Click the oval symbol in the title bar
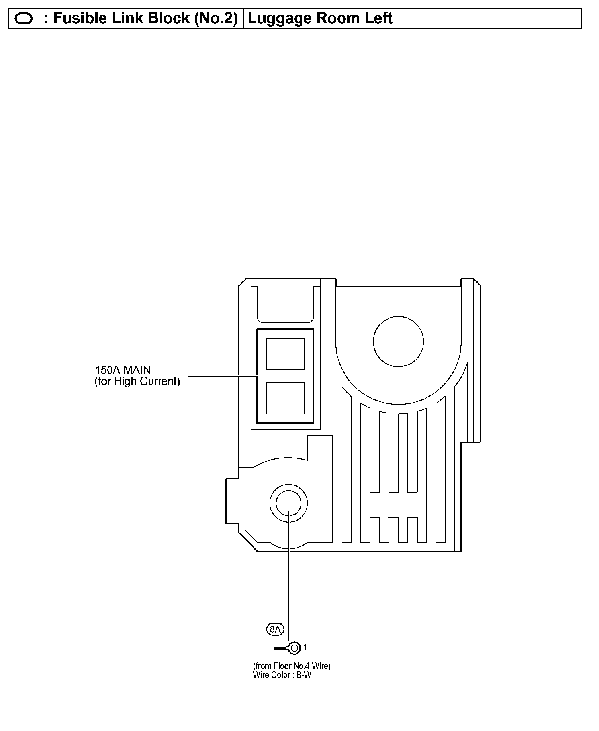(23, 19)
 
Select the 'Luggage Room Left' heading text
(320, 18)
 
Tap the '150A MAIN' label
(123, 370)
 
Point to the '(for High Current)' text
(137, 381)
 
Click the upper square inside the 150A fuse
(285, 354)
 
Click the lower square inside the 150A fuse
(285, 398)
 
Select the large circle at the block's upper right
(398, 341)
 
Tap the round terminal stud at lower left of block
(289, 503)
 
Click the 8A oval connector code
(275, 629)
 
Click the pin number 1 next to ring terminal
(305, 648)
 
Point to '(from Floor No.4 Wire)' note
(292, 666)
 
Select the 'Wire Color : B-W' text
(282, 675)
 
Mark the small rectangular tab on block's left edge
(232, 501)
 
